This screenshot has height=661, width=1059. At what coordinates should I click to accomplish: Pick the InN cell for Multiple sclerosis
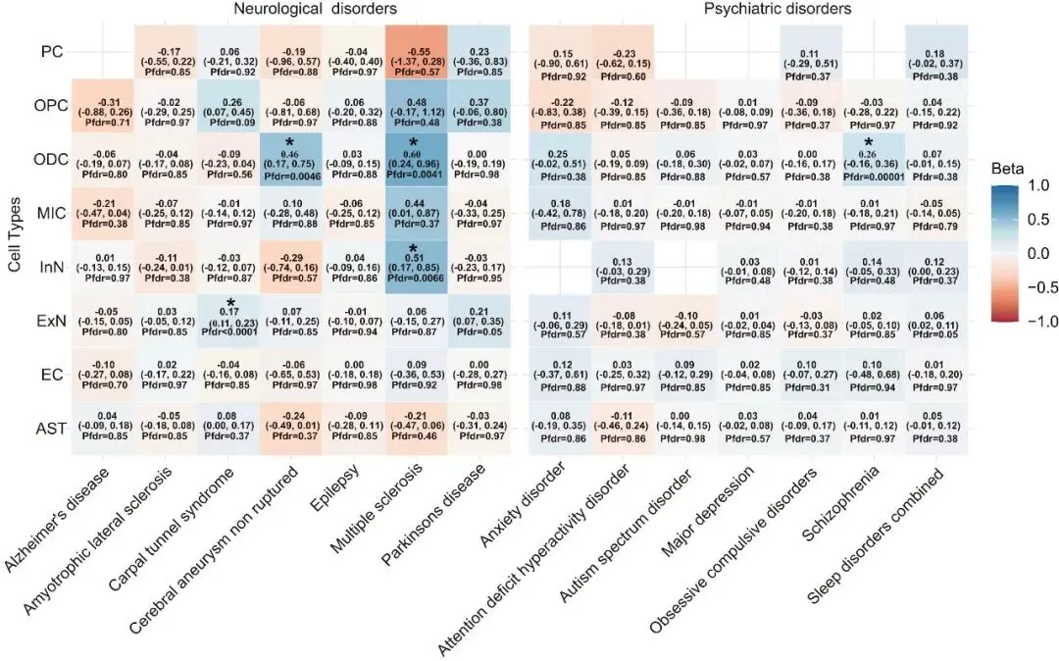point(419,267)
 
